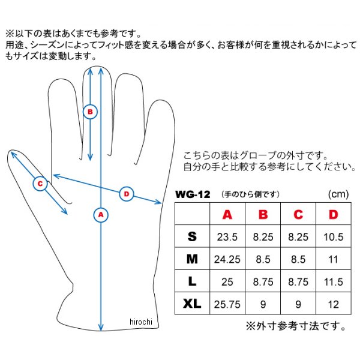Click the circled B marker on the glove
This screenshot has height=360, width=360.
(x=90, y=112)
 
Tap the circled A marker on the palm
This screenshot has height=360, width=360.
(x=101, y=215)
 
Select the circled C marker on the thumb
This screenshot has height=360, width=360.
(x=40, y=184)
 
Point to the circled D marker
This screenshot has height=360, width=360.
(x=127, y=194)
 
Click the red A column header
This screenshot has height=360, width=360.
(x=227, y=214)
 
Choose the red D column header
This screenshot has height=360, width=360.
(x=334, y=214)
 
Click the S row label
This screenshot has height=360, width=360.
(x=192, y=236)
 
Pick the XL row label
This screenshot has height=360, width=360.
(x=192, y=304)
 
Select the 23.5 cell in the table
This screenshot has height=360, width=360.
(x=227, y=237)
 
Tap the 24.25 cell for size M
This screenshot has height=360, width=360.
(x=227, y=259)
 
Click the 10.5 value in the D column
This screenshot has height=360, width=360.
(x=334, y=237)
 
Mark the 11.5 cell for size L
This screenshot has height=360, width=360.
(x=334, y=282)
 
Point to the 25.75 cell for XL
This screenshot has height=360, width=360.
(x=227, y=304)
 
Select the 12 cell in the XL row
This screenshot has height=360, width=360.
(x=334, y=304)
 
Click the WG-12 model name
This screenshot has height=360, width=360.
(x=193, y=194)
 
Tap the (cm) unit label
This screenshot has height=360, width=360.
(x=338, y=194)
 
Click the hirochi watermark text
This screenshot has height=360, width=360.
(x=141, y=322)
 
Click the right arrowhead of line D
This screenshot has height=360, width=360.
(x=158, y=202)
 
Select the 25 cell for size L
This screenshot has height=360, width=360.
(x=227, y=282)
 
